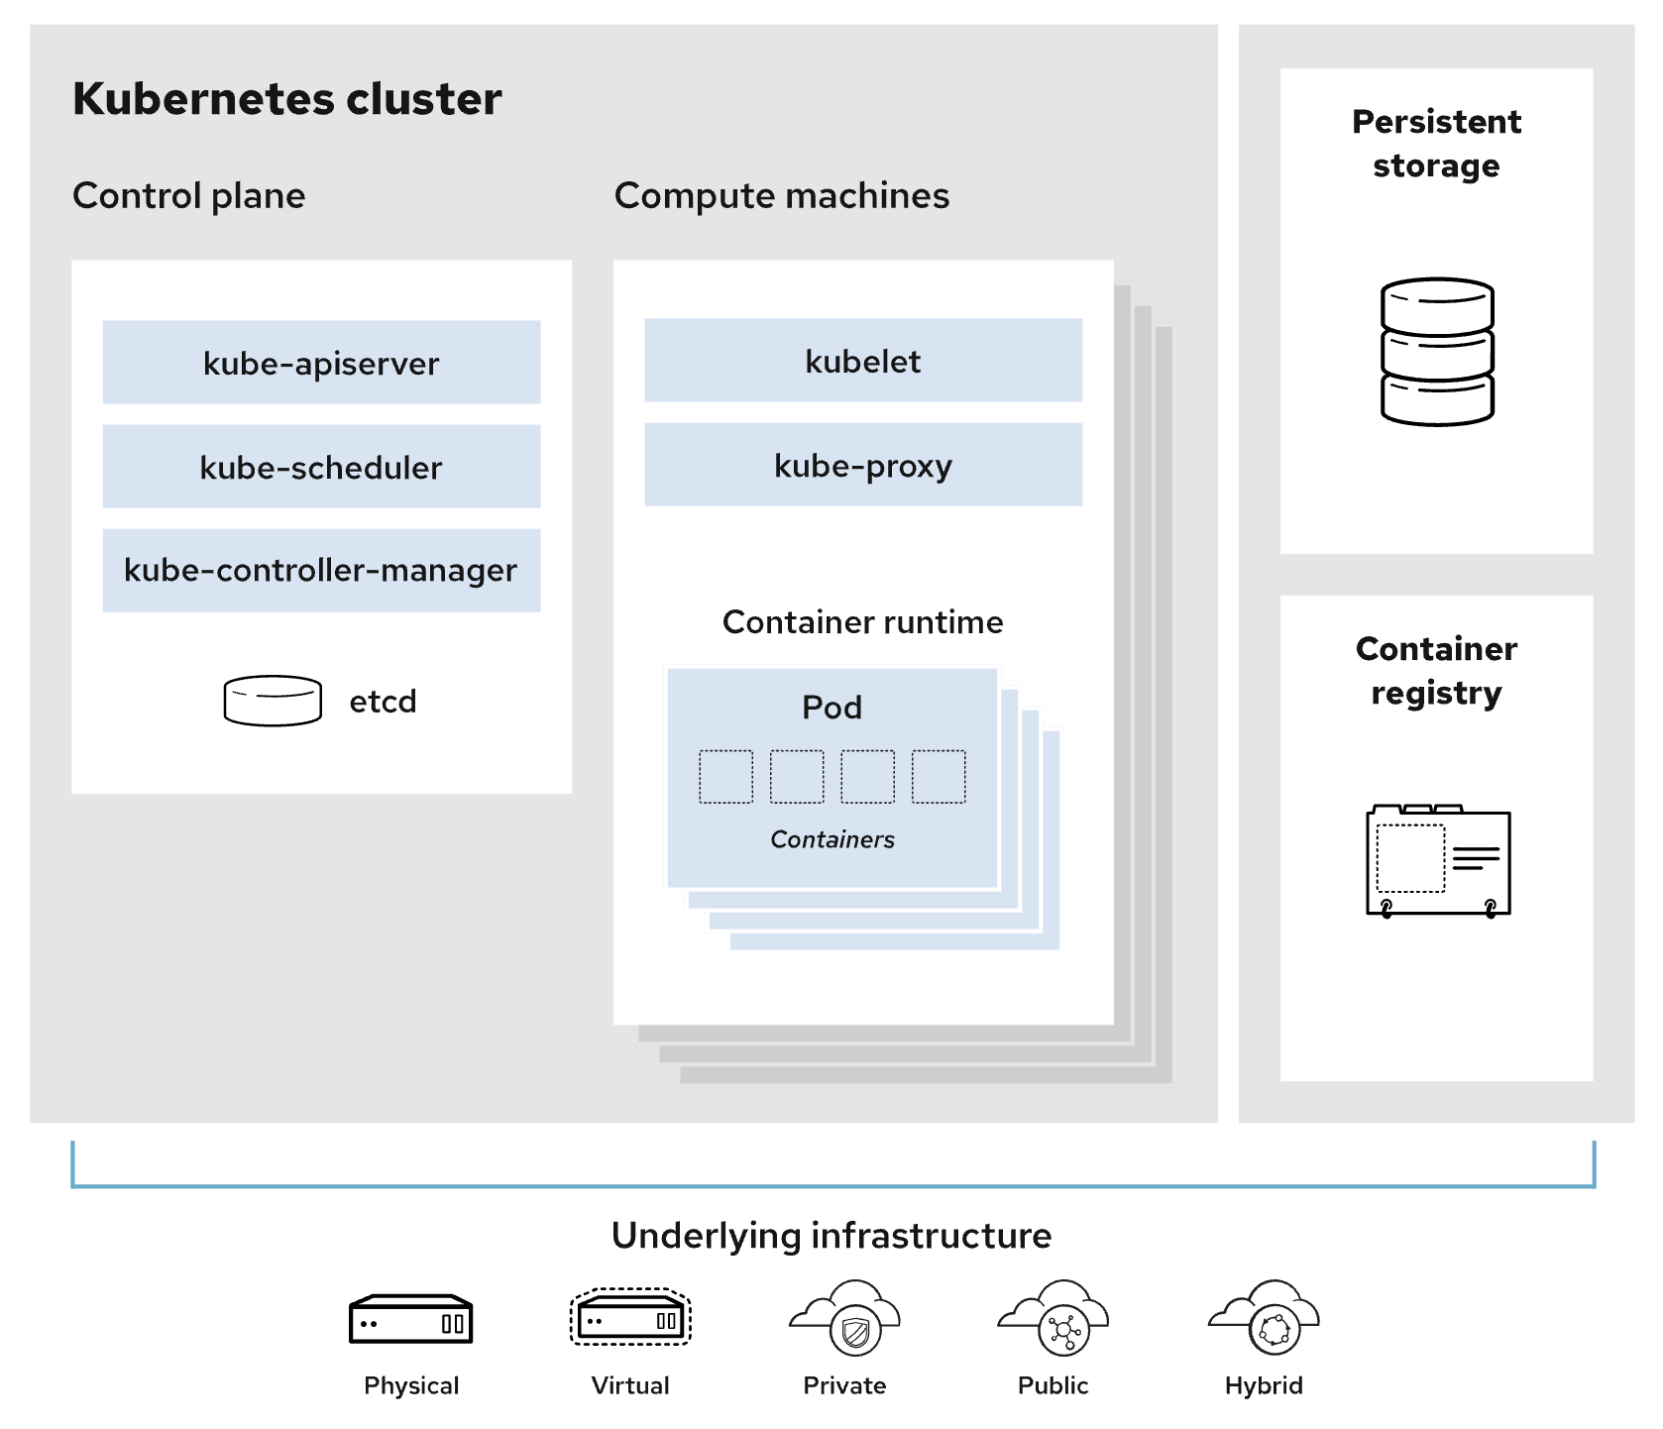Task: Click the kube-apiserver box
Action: tap(321, 363)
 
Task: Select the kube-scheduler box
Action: tap(321, 467)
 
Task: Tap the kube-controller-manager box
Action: tap(321, 571)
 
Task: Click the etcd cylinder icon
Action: tap(273, 701)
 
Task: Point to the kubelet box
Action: tap(862, 361)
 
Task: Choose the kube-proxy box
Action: tap(862, 465)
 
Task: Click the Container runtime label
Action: tap(862, 622)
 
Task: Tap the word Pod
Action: tap(831, 708)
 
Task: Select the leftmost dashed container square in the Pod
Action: tap(725, 777)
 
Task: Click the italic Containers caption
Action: tap(831, 839)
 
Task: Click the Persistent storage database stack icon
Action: tap(1436, 352)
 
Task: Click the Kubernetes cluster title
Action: tap(287, 99)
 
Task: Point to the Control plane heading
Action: tap(189, 196)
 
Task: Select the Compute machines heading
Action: tap(781, 196)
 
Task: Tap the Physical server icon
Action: tap(410, 1320)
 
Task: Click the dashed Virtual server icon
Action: tap(630, 1318)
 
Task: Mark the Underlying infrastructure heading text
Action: tap(831, 1236)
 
